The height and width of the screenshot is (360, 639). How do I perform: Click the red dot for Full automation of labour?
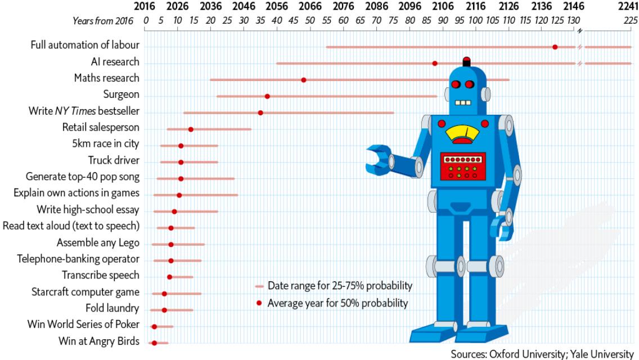tap(555, 47)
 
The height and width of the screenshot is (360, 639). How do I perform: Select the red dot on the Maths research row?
tap(304, 80)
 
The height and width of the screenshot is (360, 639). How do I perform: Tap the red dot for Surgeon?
tap(267, 96)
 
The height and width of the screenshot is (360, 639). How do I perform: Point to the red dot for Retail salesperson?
tap(191, 129)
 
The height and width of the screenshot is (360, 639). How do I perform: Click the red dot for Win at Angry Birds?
tap(154, 343)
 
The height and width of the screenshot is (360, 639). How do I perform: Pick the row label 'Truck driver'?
tap(114, 161)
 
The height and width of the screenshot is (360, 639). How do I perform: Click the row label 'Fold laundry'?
tap(112, 308)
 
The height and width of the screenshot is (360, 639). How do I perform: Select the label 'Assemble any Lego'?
tap(98, 243)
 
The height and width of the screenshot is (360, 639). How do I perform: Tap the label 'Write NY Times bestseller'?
tap(84, 111)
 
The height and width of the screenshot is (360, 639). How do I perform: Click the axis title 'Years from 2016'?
tap(102, 21)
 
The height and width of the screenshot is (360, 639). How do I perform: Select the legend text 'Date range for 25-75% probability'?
tap(340, 286)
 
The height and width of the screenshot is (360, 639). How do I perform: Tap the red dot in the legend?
tap(259, 303)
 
